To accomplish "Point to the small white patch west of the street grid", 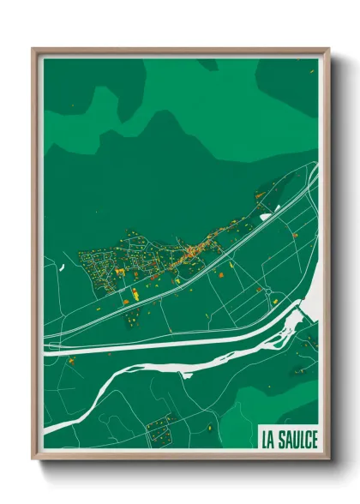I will coord(62,267).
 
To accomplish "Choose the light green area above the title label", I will coord(283,403).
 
